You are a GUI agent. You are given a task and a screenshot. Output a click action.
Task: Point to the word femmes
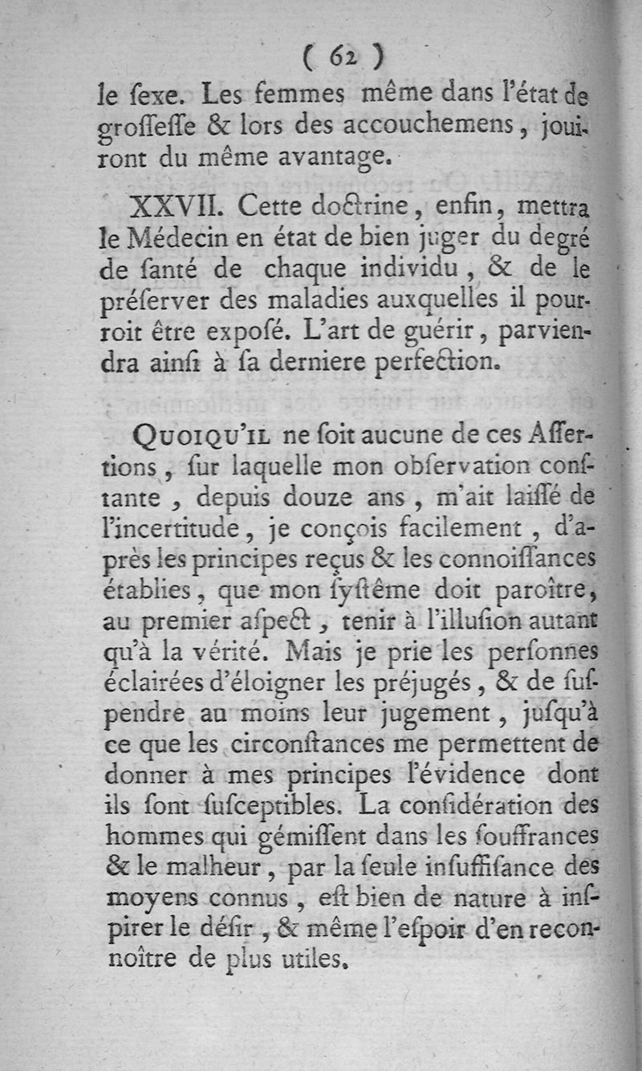(302, 96)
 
